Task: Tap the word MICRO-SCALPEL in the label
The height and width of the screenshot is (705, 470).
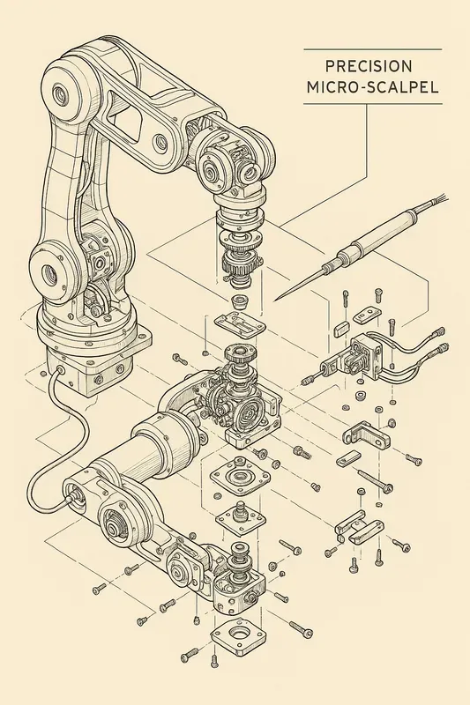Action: coord(371,88)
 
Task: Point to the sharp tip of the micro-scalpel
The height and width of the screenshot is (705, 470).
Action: coord(276,299)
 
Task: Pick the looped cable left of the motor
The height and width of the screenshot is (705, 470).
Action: coord(53,458)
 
